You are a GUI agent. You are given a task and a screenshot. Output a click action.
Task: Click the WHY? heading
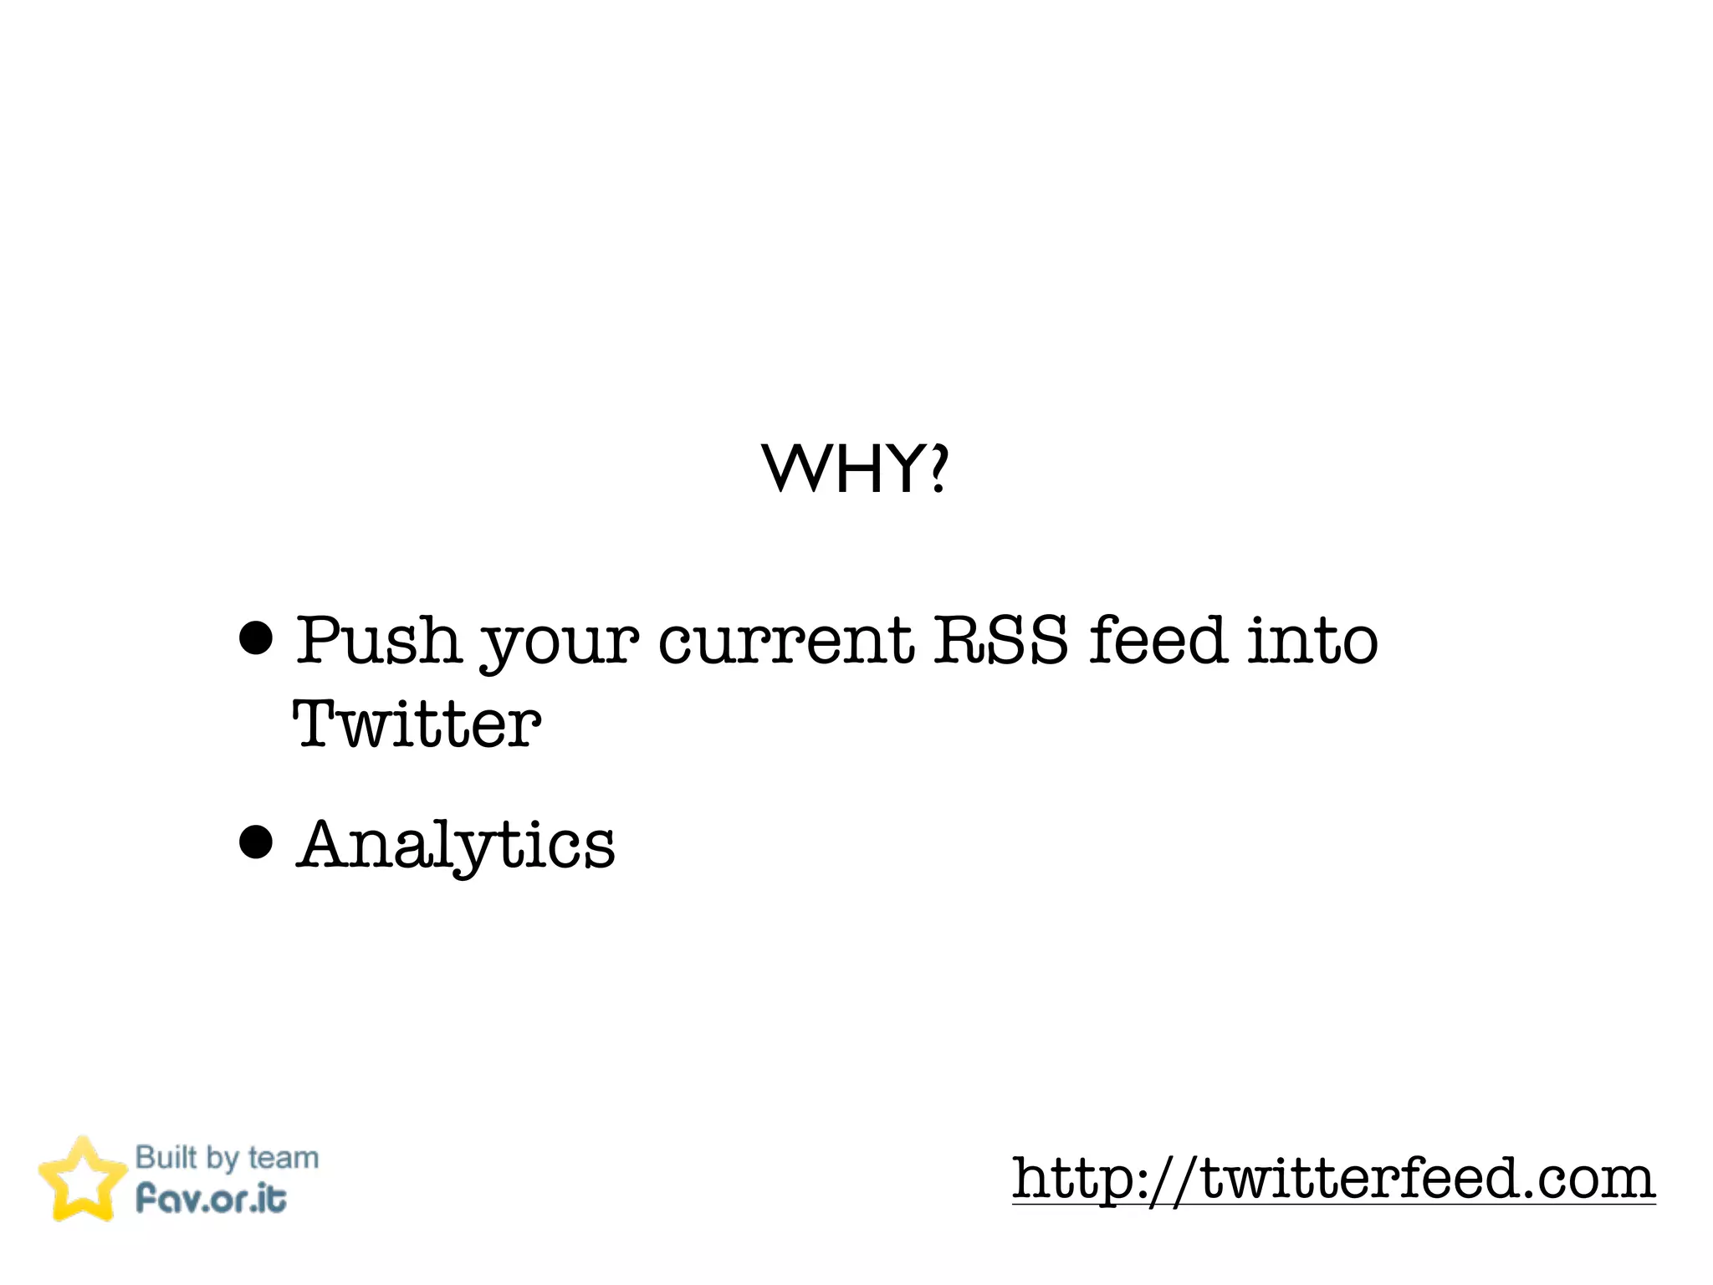click(855, 468)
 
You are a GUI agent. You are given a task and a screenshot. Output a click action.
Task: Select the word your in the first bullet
click(559, 644)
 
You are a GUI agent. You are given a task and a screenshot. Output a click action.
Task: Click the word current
click(785, 642)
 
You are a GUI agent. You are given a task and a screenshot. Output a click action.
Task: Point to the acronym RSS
click(1000, 640)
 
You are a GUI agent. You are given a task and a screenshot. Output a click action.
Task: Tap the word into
click(1312, 640)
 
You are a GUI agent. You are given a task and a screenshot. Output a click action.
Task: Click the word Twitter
click(417, 724)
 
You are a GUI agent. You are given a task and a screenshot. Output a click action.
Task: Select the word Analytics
click(456, 845)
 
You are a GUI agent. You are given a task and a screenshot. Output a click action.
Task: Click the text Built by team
click(227, 1158)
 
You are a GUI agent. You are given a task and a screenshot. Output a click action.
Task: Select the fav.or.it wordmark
click(211, 1199)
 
